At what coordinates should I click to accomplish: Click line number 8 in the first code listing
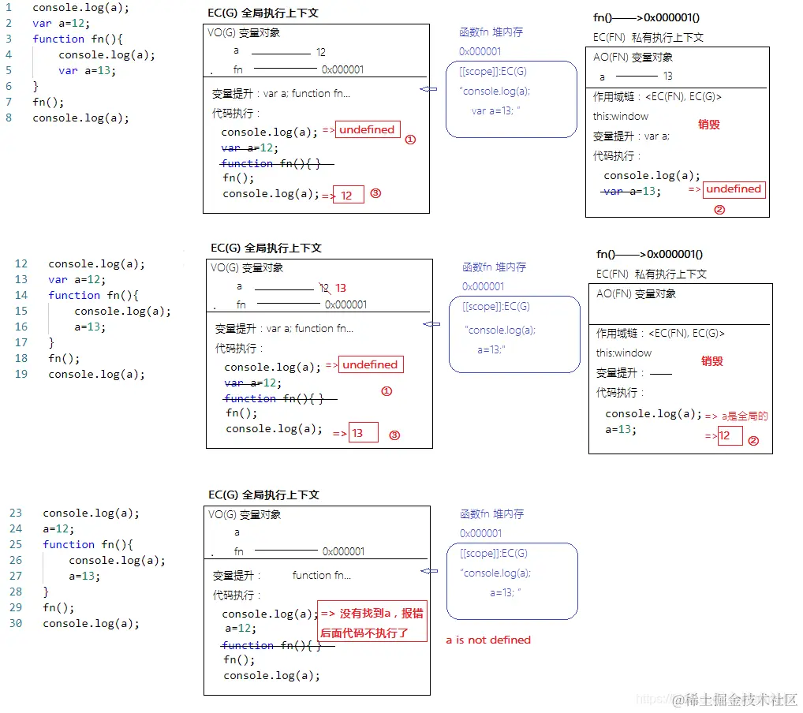point(9,118)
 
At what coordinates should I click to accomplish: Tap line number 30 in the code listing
point(16,623)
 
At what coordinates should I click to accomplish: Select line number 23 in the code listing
point(16,513)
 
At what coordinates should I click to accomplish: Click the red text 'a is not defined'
point(488,640)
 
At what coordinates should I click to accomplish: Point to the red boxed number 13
point(358,433)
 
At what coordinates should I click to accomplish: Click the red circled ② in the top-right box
point(719,210)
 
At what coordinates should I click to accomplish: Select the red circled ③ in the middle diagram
point(395,435)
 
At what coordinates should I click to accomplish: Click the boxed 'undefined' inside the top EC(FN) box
point(734,189)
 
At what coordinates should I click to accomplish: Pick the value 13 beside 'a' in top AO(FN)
point(668,77)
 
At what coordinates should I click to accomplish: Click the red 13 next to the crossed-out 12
point(341,288)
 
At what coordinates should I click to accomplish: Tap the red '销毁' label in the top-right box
point(709,125)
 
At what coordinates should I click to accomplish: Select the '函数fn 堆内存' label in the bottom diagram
point(491,514)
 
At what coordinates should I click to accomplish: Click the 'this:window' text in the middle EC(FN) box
point(624,353)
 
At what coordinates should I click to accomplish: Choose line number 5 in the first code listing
point(9,70)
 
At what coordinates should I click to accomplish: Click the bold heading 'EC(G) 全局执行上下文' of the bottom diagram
point(263,495)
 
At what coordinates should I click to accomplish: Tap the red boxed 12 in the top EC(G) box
point(347,196)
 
